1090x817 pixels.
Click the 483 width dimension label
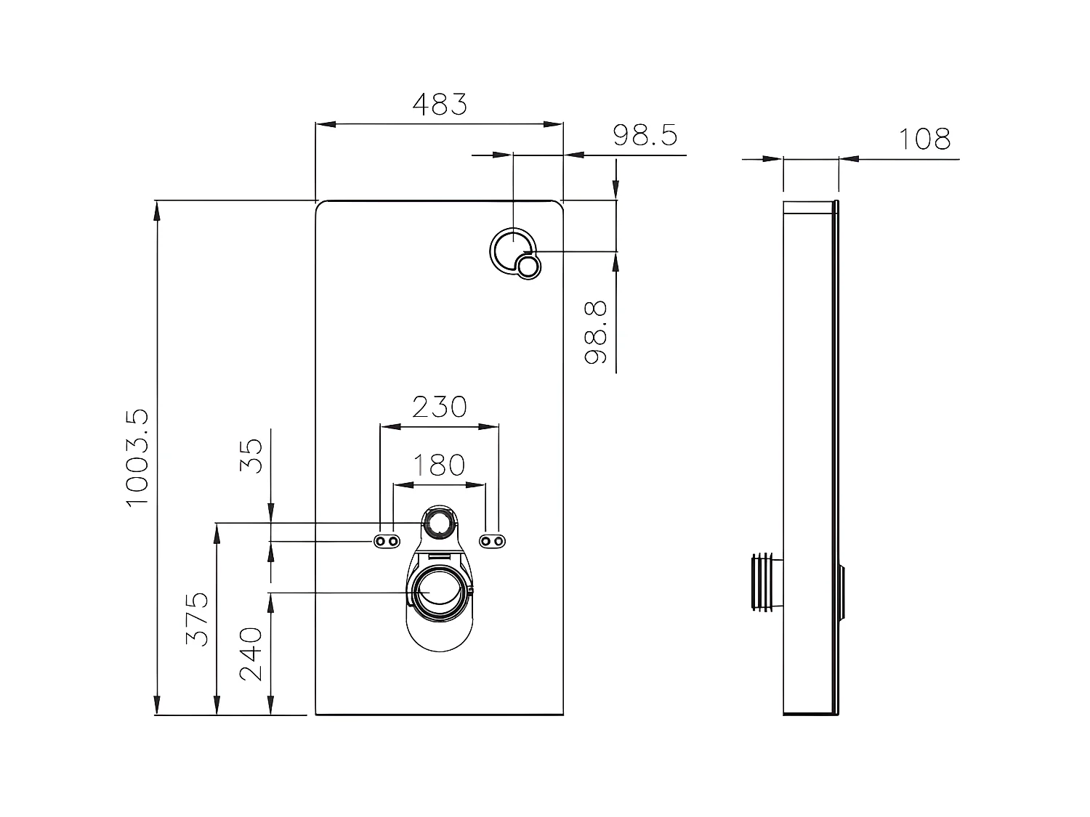pos(440,105)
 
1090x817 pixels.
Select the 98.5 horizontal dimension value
pos(645,135)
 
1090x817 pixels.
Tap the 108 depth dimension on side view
pos(924,139)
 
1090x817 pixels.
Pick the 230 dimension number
pos(440,407)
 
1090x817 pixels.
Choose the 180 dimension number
pos(439,465)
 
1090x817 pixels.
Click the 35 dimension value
pos(251,455)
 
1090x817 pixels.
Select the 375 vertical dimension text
pos(198,619)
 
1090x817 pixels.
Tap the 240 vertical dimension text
pos(251,653)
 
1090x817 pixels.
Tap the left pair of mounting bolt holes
pos(387,541)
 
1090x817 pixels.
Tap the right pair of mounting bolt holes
pos(493,541)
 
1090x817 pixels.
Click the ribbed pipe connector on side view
pos(765,581)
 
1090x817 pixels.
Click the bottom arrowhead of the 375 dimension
pos(217,707)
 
